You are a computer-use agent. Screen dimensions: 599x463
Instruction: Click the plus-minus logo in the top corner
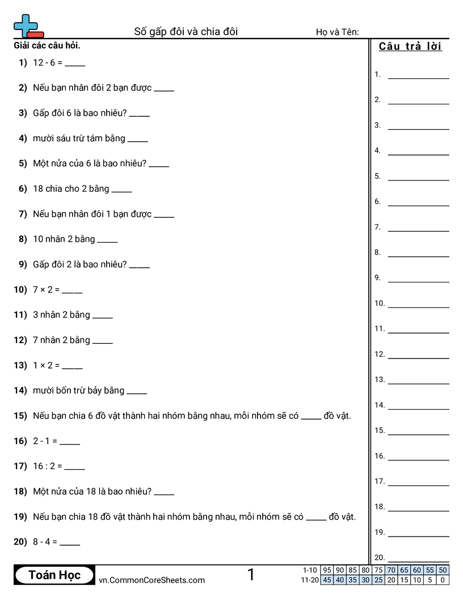click(27, 26)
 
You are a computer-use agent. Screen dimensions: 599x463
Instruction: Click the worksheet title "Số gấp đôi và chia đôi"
click(186, 32)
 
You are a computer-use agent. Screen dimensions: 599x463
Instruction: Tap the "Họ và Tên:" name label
click(337, 32)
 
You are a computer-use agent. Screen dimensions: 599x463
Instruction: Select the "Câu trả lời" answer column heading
click(410, 47)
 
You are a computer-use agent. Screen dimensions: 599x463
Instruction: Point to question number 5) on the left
click(23, 163)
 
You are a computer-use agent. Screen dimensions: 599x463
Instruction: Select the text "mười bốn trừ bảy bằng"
click(78, 390)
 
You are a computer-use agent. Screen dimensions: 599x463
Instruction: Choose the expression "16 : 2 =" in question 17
click(47, 466)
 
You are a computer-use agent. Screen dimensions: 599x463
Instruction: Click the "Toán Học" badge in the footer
click(54, 575)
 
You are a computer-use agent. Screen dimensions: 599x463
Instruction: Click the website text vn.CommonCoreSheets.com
click(151, 580)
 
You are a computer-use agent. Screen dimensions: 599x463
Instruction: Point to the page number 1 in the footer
click(251, 575)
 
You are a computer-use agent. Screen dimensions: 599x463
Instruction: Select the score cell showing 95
click(327, 570)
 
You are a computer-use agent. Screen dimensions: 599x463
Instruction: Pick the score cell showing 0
click(443, 580)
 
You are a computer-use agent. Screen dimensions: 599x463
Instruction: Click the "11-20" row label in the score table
click(310, 580)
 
